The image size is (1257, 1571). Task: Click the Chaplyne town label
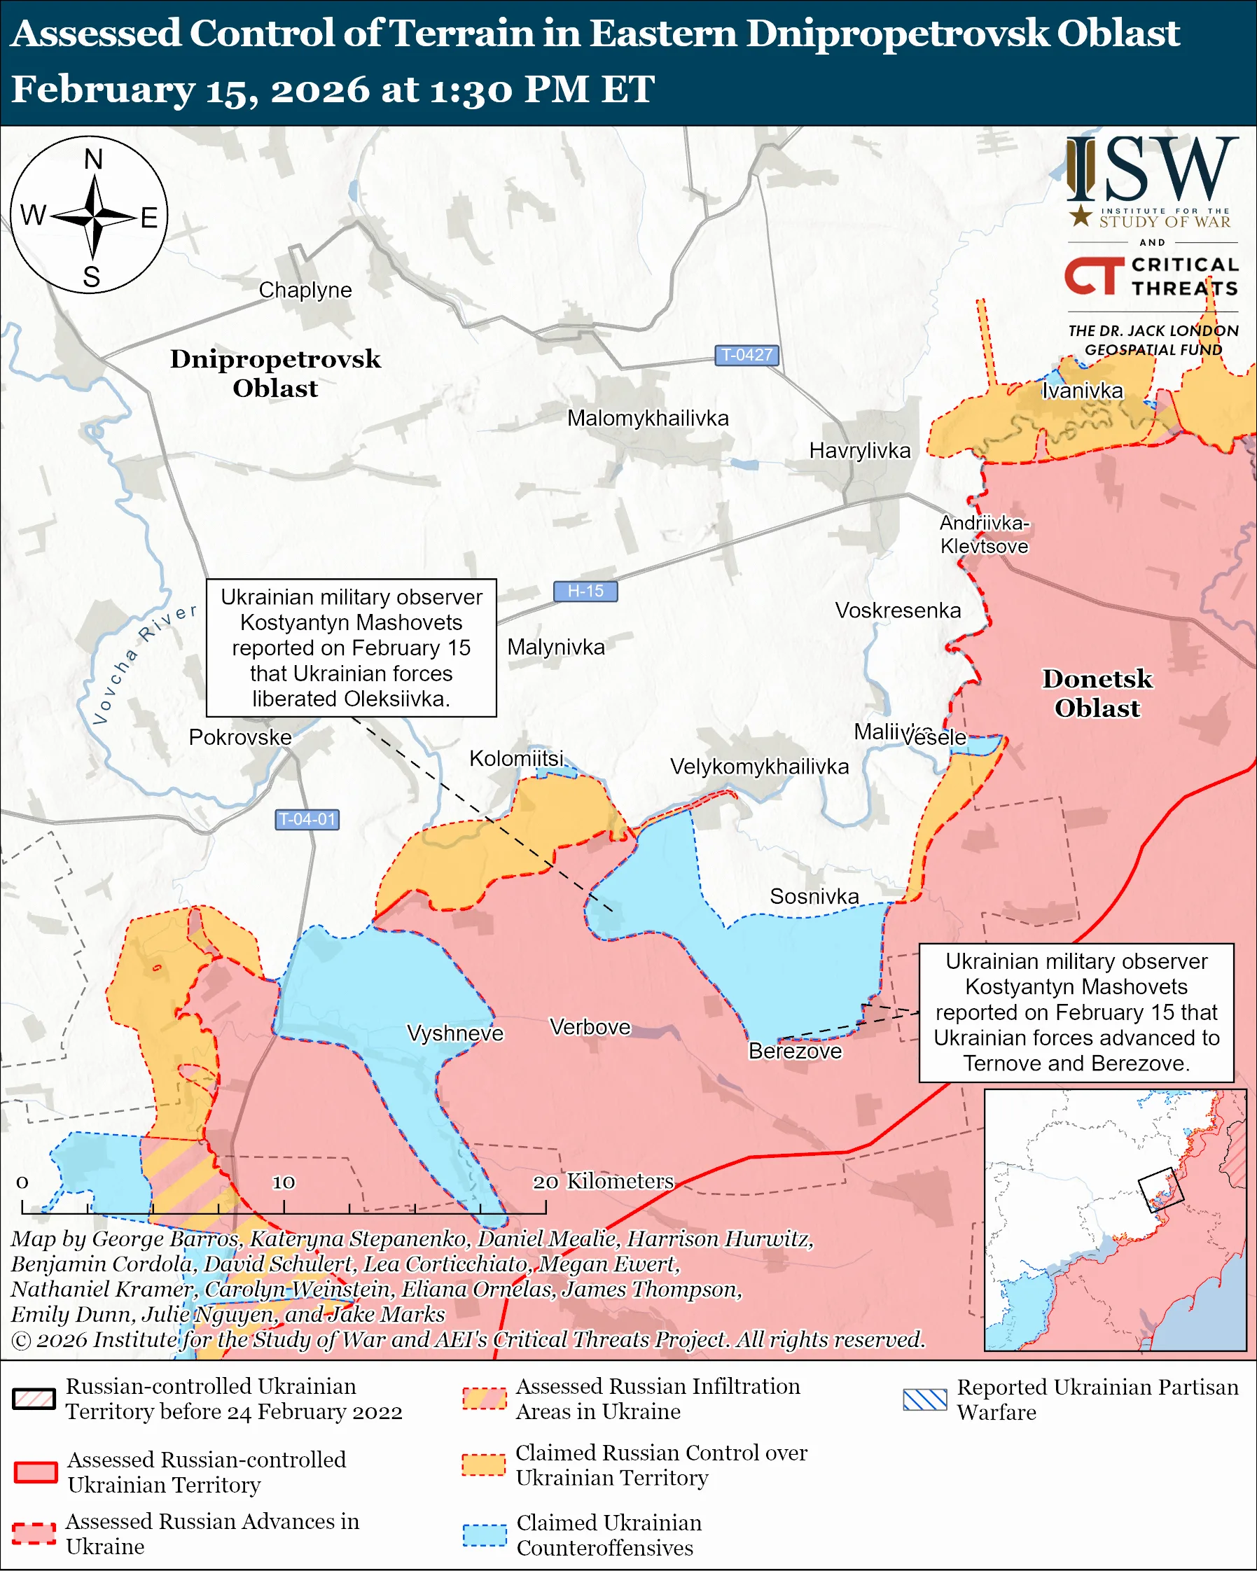(x=305, y=290)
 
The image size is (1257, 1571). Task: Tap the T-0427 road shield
(x=746, y=355)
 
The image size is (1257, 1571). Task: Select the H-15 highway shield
(x=585, y=591)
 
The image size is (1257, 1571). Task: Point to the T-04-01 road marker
(x=307, y=819)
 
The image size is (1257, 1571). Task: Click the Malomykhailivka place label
(x=647, y=418)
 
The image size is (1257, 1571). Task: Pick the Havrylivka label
(x=859, y=450)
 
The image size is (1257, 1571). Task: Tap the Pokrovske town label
(x=239, y=736)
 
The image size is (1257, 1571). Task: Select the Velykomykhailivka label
(x=758, y=767)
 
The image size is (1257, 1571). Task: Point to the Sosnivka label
(x=814, y=896)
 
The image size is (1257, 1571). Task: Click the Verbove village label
(x=590, y=1027)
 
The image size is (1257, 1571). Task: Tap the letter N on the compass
(x=93, y=159)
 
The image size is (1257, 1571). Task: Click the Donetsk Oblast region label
(x=1097, y=693)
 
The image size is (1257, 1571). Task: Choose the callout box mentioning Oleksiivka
(x=352, y=648)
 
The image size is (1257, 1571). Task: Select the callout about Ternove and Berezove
(x=1076, y=1012)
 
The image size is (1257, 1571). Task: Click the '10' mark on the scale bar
(x=284, y=1182)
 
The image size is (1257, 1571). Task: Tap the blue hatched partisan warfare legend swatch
(x=924, y=1399)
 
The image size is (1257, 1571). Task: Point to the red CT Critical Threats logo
(x=1093, y=275)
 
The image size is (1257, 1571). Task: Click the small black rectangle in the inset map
(x=1160, y=1190)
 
